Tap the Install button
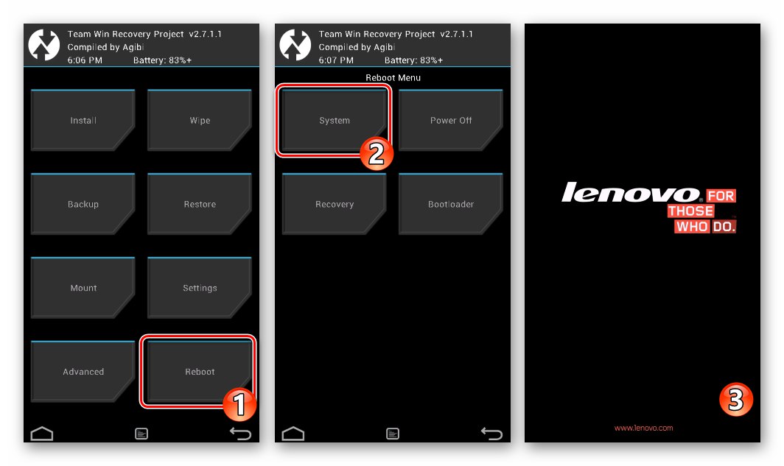83,120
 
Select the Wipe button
200,120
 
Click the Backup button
83,204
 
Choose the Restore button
200,204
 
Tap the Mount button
83,288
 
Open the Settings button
200,288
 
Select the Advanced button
83,372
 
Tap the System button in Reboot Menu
334,120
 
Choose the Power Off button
450,120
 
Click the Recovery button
334,204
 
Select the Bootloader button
450,204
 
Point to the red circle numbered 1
239,404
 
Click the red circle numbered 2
377,154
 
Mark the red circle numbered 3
736,400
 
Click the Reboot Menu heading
393,77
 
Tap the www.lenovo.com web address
643,428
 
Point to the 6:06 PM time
85,60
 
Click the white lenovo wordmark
631,192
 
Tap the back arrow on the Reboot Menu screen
491,433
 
